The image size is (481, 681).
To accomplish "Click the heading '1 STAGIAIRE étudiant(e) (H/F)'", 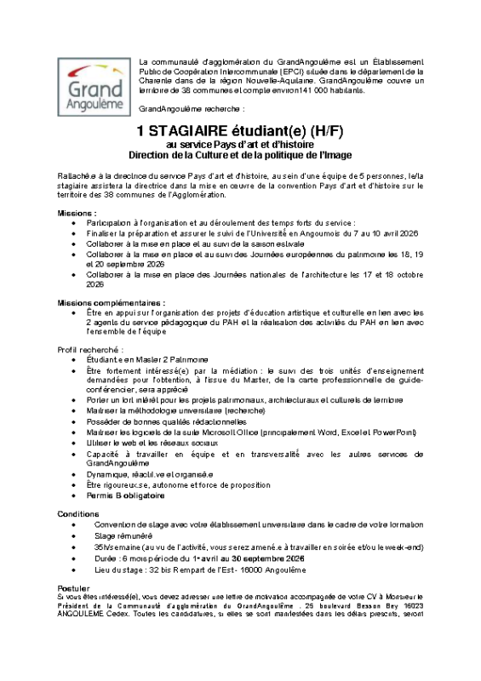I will coord(240,131).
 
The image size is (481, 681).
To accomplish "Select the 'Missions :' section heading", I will coord(77,212).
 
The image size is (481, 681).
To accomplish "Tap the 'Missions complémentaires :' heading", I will coord(112,302).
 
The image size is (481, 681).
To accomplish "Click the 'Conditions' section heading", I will coord(77,514).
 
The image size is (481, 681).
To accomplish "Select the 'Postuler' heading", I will coord(73,587).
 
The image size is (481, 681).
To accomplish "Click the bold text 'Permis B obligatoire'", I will coord(125,495).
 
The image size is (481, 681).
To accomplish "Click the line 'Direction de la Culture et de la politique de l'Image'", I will coord(240,155).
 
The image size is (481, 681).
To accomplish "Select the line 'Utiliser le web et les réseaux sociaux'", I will coord(158,444).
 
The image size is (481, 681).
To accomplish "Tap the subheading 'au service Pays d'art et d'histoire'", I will coord(240,144).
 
